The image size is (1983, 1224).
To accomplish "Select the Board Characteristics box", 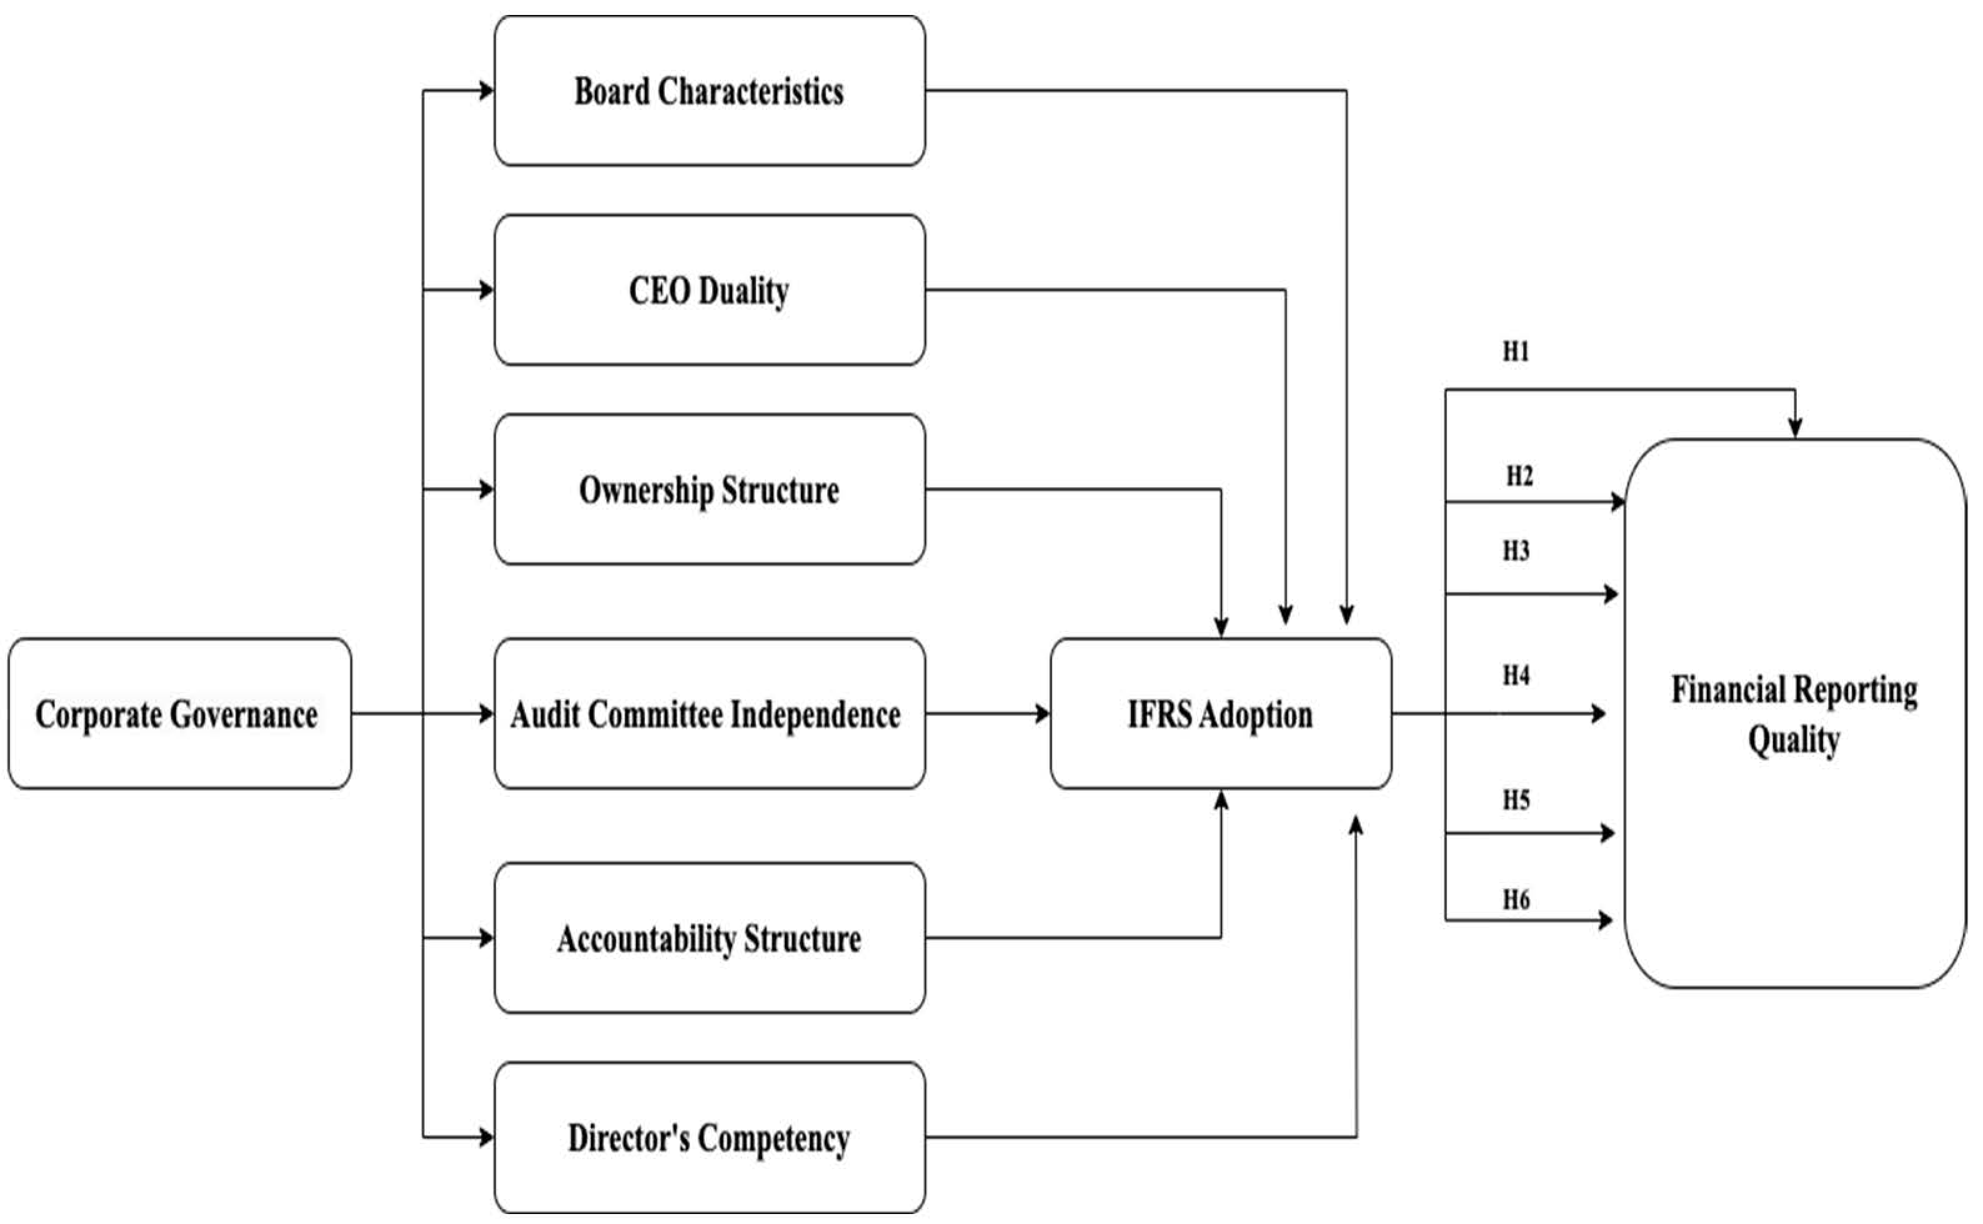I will (x=709, y=91).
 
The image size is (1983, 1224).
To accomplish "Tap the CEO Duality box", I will (x=709, y=290).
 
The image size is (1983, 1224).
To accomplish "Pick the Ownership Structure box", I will (x=709, y=489).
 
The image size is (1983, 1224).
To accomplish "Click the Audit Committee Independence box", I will (x=709, y=713).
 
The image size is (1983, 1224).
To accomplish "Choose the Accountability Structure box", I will (x=709, y=937).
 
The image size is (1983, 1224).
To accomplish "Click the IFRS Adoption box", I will (x=1220, y=713).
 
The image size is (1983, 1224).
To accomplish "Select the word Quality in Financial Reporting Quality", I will (x=1794, y=740).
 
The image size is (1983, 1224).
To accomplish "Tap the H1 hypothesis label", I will (x=1516, y=352).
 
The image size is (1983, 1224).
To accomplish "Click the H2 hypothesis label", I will (x=1519, y=476).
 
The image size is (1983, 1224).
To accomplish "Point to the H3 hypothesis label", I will (x=1516, y=551).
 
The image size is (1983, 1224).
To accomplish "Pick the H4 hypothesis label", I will (x=1516, y=675).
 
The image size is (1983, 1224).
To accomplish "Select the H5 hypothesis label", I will (x=1516, y=800).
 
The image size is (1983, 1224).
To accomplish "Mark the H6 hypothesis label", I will (x=1516, y=899).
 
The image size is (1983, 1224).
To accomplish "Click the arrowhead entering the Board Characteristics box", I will (x=486, y=91).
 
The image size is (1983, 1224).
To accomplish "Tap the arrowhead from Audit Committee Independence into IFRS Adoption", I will (x=1042, y=713).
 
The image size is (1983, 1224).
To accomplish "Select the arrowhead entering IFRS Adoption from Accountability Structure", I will (x=1221, y=800).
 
